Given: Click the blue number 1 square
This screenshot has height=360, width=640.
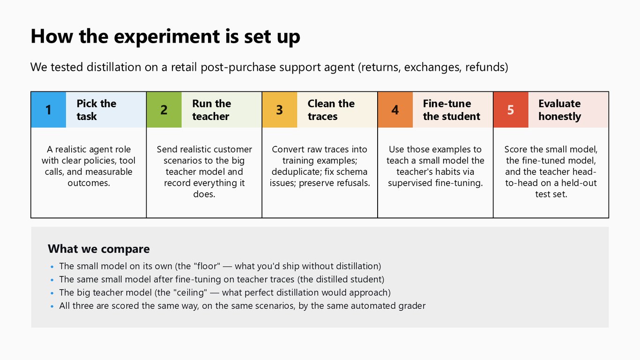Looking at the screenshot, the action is coord(49,110).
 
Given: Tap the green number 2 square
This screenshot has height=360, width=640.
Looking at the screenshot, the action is coord(164,110).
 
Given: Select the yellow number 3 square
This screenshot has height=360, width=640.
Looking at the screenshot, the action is coord(280,110).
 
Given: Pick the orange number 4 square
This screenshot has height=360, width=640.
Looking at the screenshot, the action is coord(395,110).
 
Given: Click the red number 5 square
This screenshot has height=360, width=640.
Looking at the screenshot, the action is coord(511,110).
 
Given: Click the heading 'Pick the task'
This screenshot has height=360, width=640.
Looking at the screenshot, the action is coord(97,110).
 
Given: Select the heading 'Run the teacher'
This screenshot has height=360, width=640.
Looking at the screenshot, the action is coord(211,110).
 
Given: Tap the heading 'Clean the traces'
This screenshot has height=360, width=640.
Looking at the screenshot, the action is coord(331,110).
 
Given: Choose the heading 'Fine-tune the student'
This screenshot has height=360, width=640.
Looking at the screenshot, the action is coord(452,110).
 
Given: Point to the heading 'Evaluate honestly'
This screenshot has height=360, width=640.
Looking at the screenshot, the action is coord(559,110).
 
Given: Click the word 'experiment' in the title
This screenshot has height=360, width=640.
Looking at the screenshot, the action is coord(167,37).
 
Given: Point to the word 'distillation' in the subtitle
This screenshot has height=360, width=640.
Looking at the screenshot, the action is coord(114,67).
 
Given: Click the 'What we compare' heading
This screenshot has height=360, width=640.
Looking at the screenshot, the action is coord(98,249).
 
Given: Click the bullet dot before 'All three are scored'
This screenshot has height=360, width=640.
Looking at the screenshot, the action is coord(52,306).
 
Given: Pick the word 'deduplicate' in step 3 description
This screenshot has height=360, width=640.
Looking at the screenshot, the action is coord(296,172).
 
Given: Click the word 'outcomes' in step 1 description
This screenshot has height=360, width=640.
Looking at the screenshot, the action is coord(89,183).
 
